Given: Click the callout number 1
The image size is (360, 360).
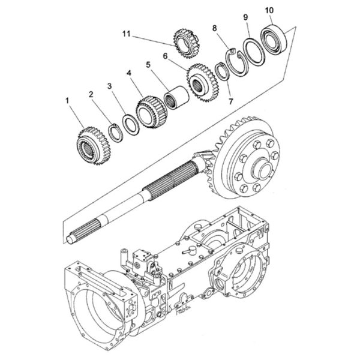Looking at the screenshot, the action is pos(67,101).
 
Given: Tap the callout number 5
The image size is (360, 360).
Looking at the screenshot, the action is pos(148,65).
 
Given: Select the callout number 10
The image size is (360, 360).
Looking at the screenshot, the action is pos(269,10).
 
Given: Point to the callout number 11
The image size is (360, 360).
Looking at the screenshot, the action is pos(126,34).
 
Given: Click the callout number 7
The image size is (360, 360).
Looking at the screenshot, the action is pos(231,101).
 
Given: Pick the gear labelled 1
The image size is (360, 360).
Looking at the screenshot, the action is pos(94,146).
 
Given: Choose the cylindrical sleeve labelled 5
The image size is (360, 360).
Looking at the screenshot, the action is pos(176,97).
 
